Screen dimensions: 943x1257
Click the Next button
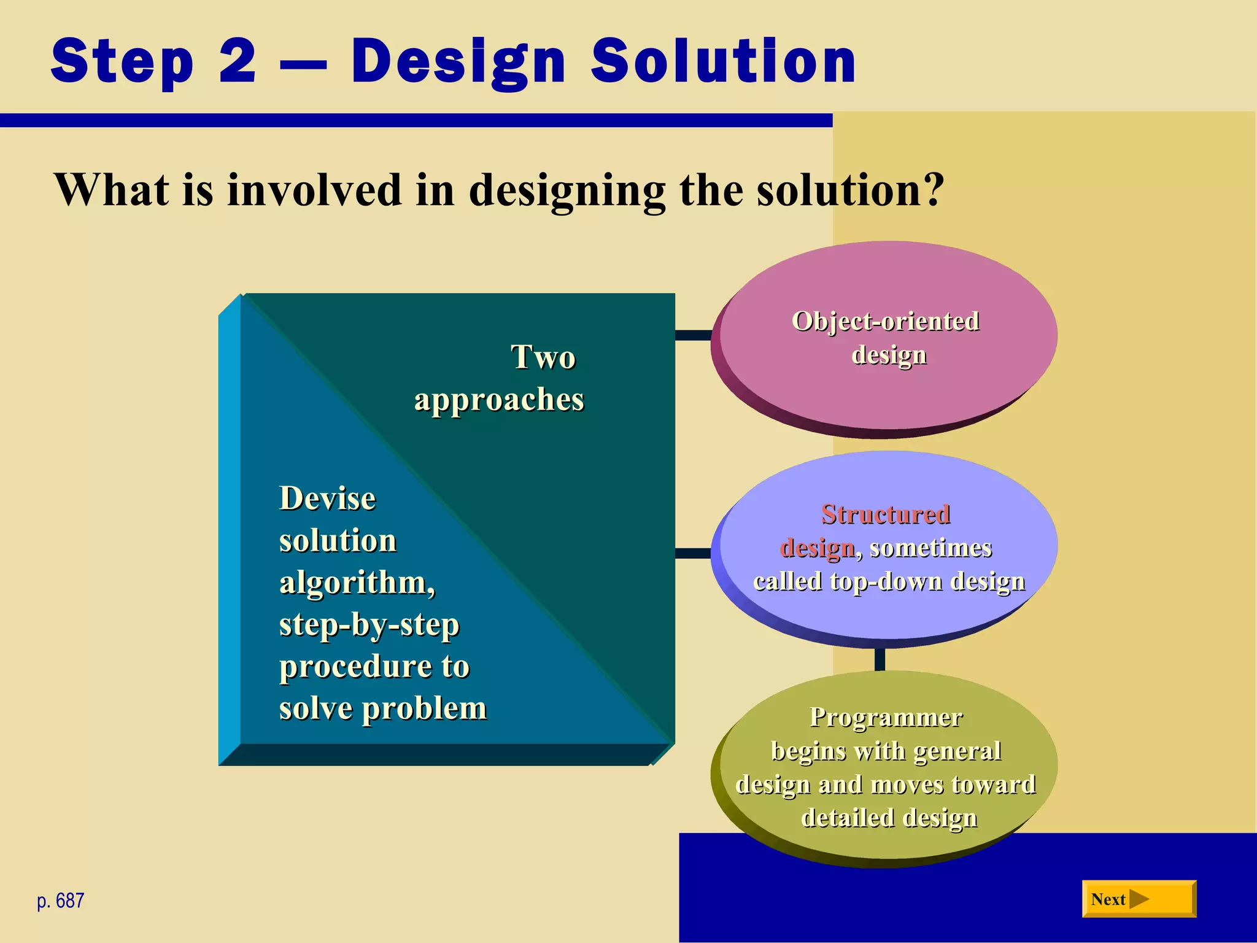pyautogui.click(x=1139, y=899)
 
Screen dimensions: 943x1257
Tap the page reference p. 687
pyautogui.click(x=60, y=901)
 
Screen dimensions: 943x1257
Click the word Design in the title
pyautogui.click(x=457, y=61)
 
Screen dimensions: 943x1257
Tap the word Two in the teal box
pyautogui.click(x=543, y=357)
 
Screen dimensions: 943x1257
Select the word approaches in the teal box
pyautogui.click(x=499, y=400)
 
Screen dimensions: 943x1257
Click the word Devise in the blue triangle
pyautogui.click(x=327, y=498)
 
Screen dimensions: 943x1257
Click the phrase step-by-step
pyautogui.click(x=369, y=625)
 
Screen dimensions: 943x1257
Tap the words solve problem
pyautogui.click(x=382, y=708)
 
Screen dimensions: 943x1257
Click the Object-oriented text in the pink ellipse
pyautogui.click(x=885, y=321)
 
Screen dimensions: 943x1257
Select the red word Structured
pyautogui.click(x=886, y=514)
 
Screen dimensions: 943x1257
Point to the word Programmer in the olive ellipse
pyautogui.click(x=886, y=717)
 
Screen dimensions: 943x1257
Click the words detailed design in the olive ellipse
pyautogui.click(x=889, y=818)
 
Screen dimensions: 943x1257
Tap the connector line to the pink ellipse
pyautogui.click(x=692, y=335)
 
